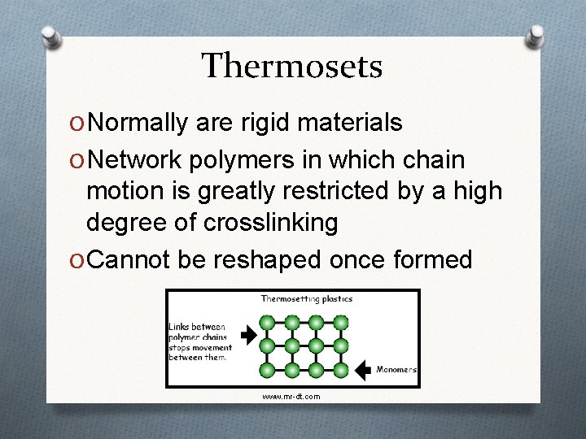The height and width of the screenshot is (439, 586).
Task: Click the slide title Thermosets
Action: click(x=292, y=66)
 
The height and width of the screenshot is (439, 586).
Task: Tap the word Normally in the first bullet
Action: click(x=139, y=123)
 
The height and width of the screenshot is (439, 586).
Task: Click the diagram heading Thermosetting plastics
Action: click(x=306, y=299)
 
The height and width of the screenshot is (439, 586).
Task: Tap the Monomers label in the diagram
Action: click(x=396, y=370)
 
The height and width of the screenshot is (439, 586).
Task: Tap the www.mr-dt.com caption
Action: click(x=291, y=397)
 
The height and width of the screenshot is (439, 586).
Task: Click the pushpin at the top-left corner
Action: click(x=50, y=37)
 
